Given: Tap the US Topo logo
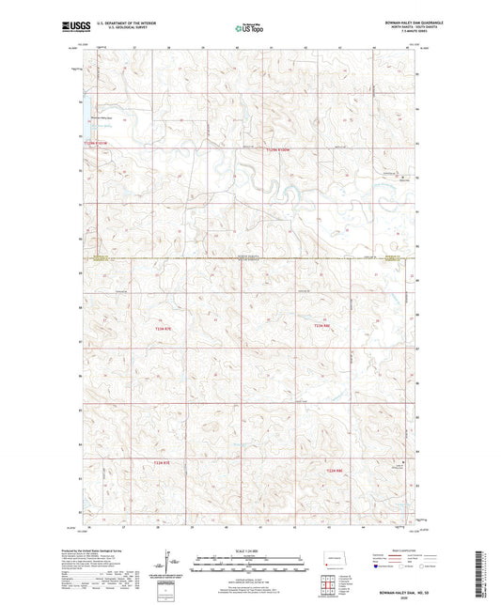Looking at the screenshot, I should [248, 29].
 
